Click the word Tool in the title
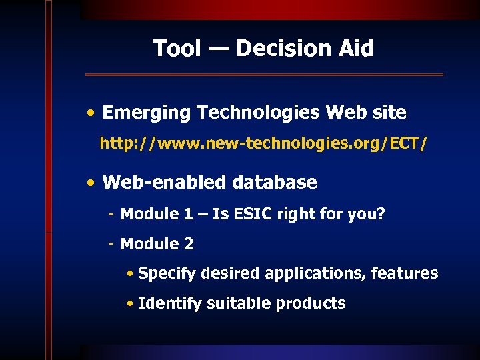click(x=177, y=48)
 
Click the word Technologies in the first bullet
click(x=258, y=113)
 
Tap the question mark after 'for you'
click(x=381, y=214)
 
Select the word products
click(x=311, y=303)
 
